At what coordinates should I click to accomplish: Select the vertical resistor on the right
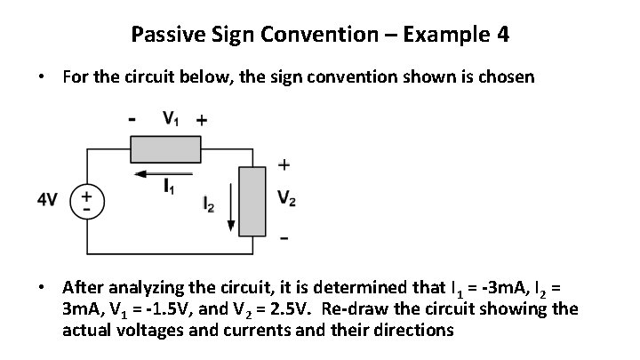coord(255,201)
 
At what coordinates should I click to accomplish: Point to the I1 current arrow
coord(164,175)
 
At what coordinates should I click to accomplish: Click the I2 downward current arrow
coord(233,204)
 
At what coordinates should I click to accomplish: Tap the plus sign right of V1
coord(202,119)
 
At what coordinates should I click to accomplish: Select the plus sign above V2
coord(285,164)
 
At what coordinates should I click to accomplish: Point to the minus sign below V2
coord(284,238)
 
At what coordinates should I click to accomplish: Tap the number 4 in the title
coord(503,36)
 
